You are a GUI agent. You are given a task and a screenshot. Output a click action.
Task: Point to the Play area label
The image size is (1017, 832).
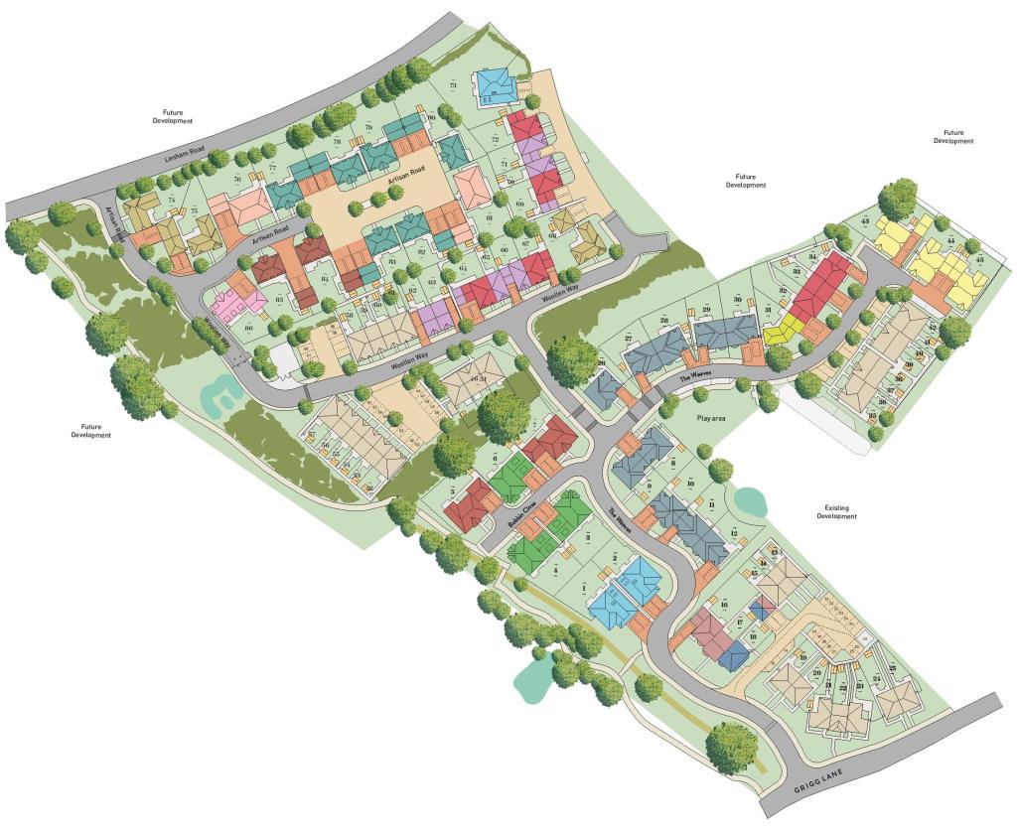coord(711,419)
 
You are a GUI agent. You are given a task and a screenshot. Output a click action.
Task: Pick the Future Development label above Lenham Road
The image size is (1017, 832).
coord(172,116)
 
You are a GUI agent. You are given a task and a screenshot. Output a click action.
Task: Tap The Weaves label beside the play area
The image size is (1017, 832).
coord(696,377)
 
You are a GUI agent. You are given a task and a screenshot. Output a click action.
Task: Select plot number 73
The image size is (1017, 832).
coord(453,86)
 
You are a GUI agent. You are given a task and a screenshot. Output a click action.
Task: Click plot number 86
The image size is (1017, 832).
coord(249,326)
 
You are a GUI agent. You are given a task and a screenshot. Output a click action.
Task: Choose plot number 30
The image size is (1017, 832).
coord(737,300)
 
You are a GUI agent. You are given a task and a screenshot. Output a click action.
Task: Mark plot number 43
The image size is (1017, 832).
coord(865,220)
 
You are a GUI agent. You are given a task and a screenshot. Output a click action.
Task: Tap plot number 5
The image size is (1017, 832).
coord(451,491)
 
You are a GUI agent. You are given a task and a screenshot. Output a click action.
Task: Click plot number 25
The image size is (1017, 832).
coord(891,667)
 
